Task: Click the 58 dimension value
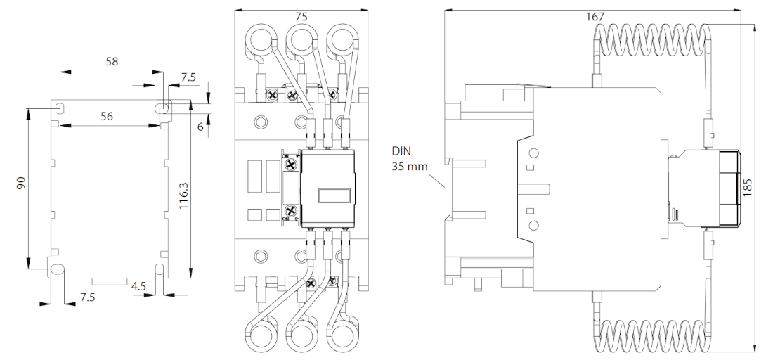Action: (x=112, y=61)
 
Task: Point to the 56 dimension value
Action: (x=106, y=116)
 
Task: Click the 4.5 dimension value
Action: (x=139, y=286)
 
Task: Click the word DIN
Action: (x=402, y=152)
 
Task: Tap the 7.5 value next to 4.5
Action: (x=87, y=297)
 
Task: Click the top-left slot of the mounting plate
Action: (x=60, y=108)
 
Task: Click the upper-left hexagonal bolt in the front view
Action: (x=262, y=122)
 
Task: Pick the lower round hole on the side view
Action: (x=533, y=226)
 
